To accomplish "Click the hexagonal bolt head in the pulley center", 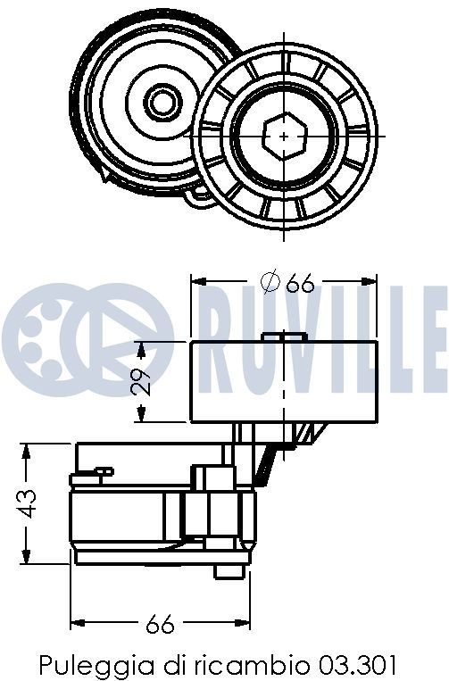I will (x=285, y=135).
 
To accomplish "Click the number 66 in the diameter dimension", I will (x=301, y=283).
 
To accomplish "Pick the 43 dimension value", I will (x=29, y=503).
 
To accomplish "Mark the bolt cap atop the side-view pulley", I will (x=285, y=336).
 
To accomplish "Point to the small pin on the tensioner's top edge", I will (x=104, y=470).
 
